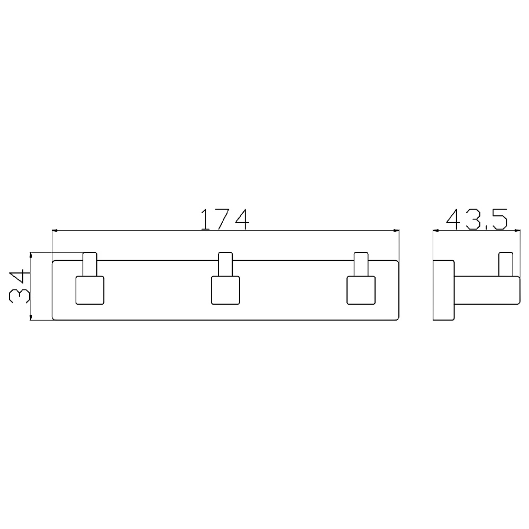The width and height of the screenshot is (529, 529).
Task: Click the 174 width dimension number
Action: (x=225, y=219)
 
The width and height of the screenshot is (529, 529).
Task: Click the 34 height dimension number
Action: (x=19, y=286)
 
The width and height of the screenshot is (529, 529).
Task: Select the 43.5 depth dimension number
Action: (x=477, y=219)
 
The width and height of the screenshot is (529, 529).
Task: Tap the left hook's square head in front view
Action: (x=90, y=290)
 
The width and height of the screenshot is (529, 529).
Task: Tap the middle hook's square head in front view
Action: (x=225, y=290)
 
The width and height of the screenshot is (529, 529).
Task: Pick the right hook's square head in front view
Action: (x=361, y=290)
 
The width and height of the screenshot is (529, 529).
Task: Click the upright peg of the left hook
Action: (x=90, y=264)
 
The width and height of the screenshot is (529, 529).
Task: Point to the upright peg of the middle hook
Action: (x=225, y=264)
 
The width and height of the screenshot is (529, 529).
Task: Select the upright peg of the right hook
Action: (x=361, y=264)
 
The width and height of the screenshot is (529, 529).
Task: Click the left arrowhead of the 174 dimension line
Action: (x=54, y=231)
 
